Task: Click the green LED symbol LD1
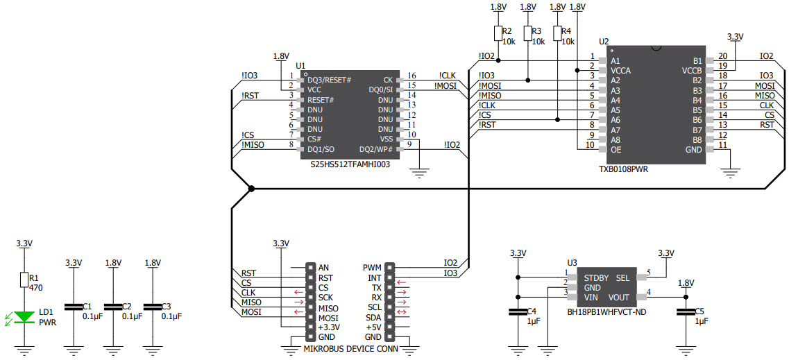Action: click(25, 317)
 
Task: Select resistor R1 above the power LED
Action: click(25, 280)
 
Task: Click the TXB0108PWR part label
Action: click(627, 169)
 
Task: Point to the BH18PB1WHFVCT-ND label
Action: click(606, 312)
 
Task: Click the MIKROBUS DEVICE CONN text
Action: click(350, 349)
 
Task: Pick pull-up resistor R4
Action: click(557, 33)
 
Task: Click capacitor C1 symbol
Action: click(72, 307)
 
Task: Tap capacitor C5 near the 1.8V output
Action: click(686, 312)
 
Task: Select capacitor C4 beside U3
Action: click(516, 312)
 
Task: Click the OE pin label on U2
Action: click(615, 149)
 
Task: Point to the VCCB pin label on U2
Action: click(692, 70)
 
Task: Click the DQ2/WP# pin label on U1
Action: click(377, 149)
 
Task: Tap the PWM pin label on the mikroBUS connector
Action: click(372, 268)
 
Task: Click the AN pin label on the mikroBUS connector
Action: click(323, 268)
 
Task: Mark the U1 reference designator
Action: click(300, 66)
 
